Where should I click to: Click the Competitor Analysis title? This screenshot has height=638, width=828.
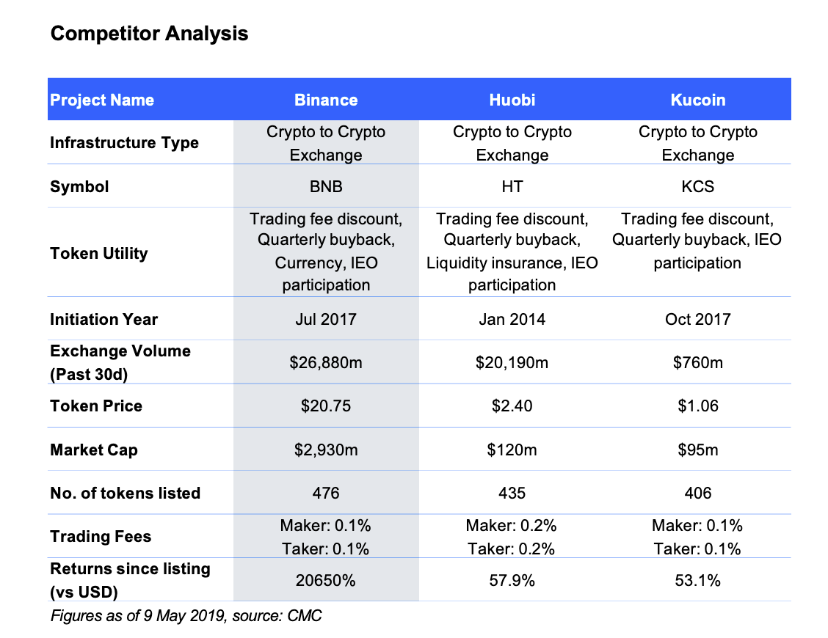149,34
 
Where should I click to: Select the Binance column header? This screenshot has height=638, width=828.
326,100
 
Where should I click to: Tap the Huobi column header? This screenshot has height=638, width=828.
512,100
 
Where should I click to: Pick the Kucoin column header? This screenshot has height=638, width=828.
697,100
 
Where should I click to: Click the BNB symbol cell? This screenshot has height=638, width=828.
326,187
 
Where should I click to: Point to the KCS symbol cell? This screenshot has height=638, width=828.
697,187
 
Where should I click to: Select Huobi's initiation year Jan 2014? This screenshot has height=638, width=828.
512,319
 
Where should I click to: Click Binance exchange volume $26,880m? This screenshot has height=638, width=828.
326,362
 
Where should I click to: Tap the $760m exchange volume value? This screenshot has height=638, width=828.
697,362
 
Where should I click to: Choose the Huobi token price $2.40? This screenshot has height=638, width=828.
512,406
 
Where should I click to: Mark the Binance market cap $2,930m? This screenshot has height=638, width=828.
326,450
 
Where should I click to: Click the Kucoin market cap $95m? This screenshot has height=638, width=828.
697,450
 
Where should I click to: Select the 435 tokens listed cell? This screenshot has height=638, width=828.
512,493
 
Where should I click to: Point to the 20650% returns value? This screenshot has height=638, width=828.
326,580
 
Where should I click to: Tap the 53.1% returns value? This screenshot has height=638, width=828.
697,580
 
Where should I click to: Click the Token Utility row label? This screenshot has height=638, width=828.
99,254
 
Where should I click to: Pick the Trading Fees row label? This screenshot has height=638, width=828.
101,537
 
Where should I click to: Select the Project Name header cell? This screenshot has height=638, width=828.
102,100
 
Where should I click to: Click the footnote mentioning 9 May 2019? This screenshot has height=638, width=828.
186,615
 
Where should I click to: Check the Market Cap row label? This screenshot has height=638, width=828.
93,450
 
